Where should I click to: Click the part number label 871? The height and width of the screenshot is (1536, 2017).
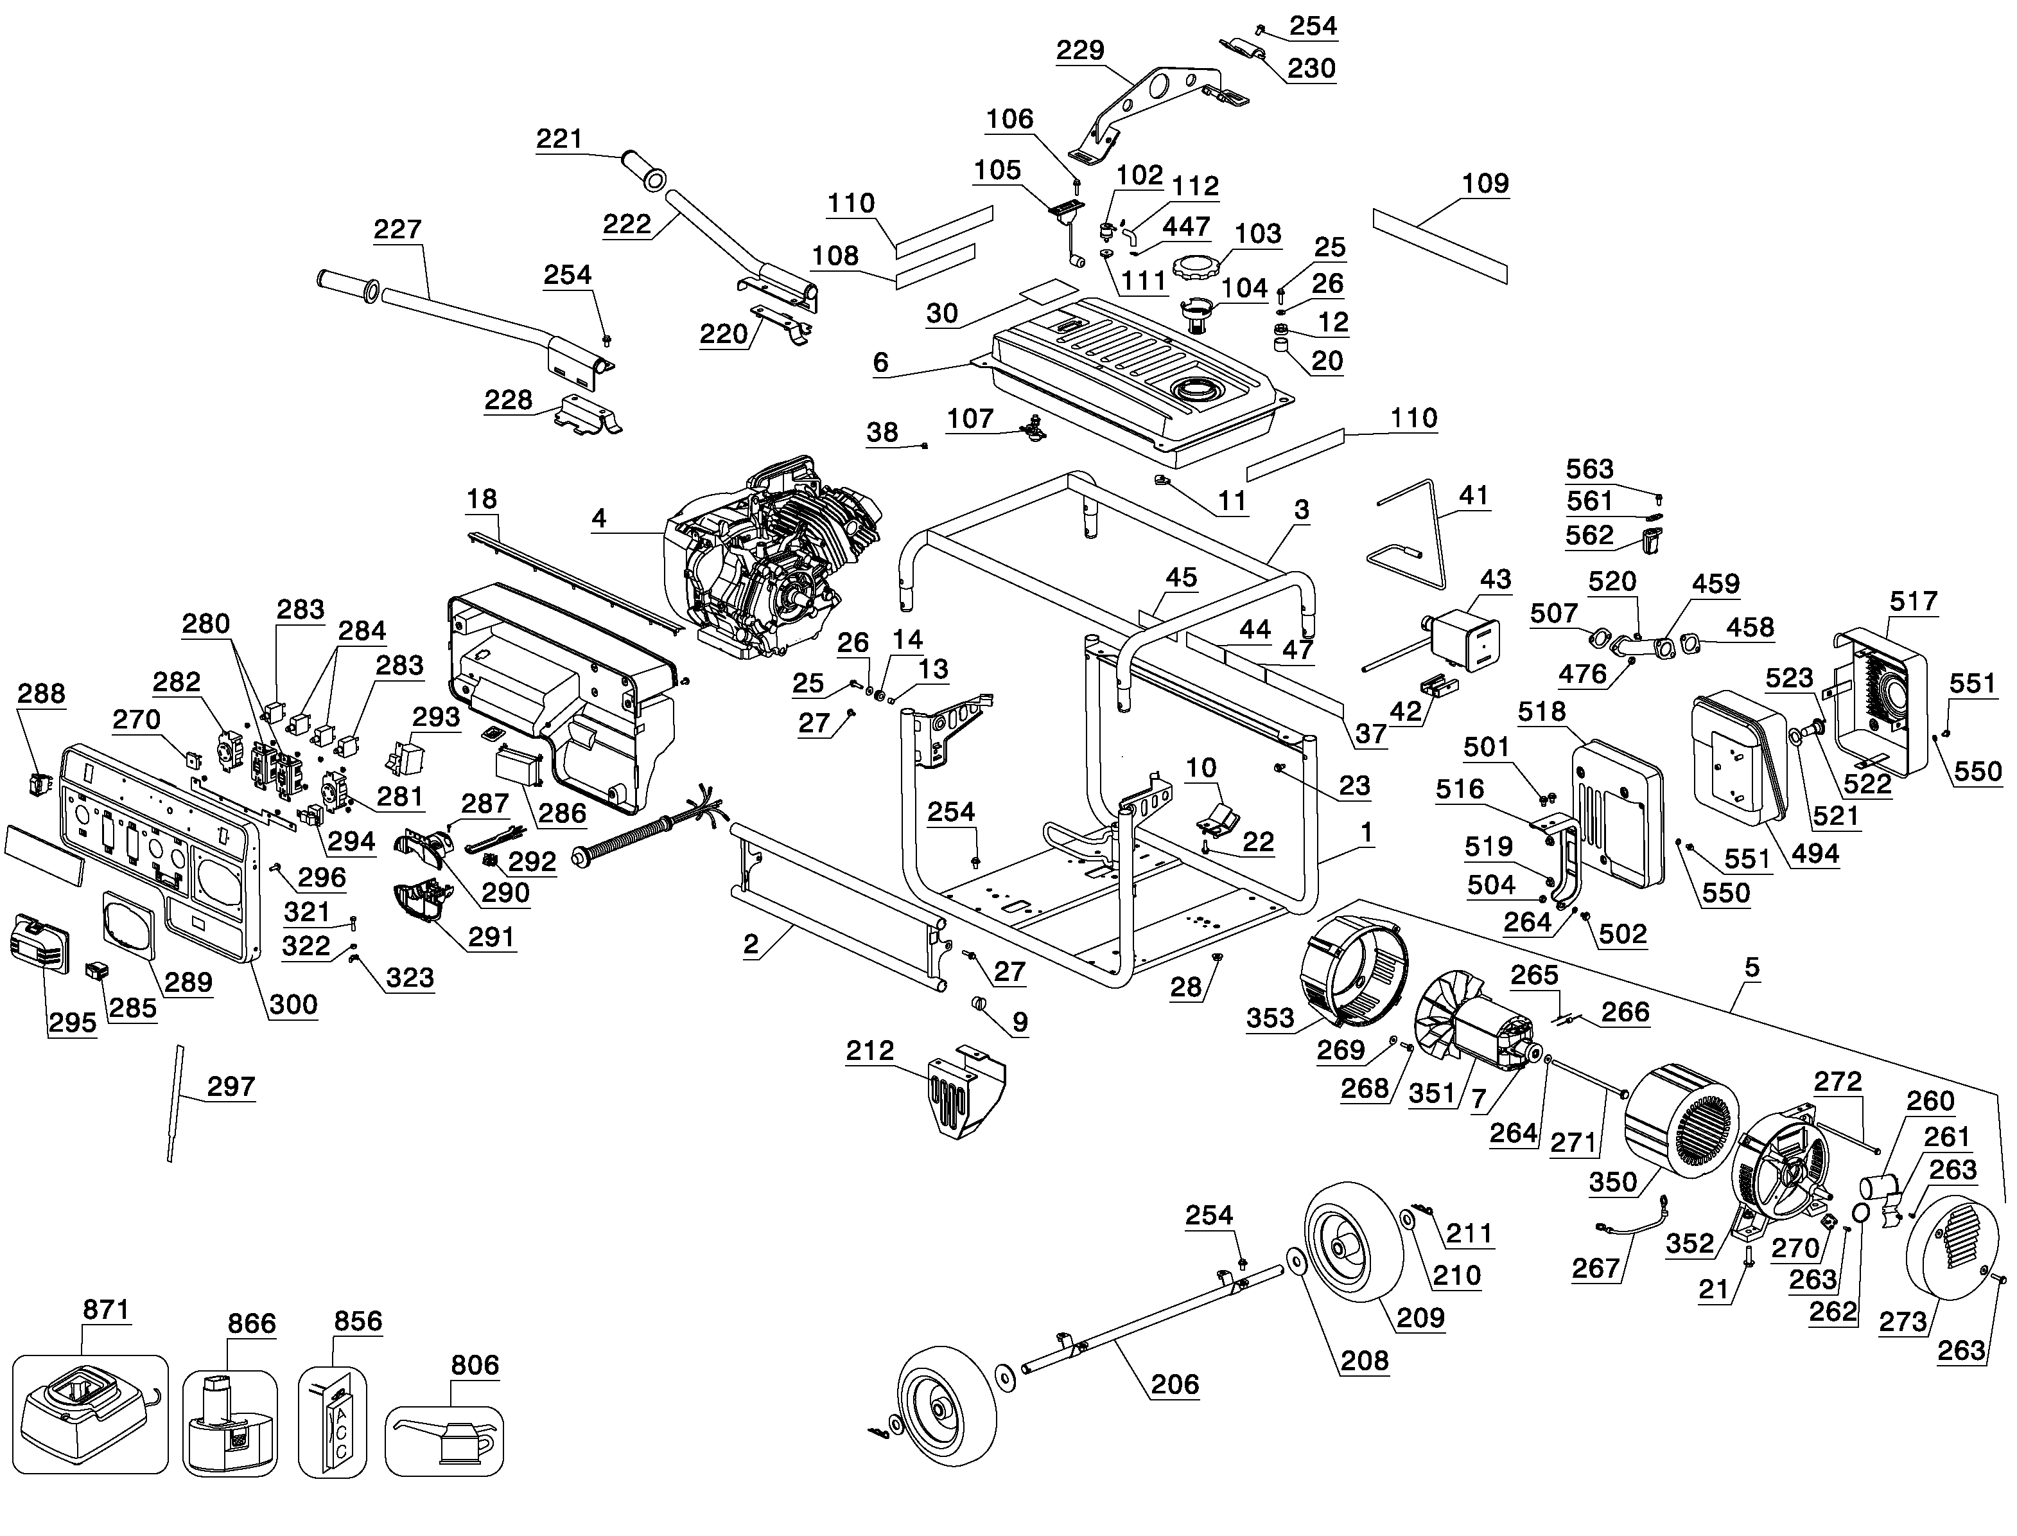click(x=106, y=1310)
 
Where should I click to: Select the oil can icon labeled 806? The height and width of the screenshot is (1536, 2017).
click(x=444, y=1441)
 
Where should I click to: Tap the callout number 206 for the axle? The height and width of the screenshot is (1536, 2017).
click(x=1174, y=1384)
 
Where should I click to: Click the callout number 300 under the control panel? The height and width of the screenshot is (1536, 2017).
click(x=293, y=1005)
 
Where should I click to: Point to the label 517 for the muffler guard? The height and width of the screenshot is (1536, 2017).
click(x=1913, y=601)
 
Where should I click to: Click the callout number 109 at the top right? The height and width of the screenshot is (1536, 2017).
click(x=1485, y=184)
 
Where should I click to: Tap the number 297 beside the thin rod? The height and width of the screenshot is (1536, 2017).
click(x=231, y=1086)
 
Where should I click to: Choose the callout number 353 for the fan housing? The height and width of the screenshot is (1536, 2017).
click(x=1270, y=1018)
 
